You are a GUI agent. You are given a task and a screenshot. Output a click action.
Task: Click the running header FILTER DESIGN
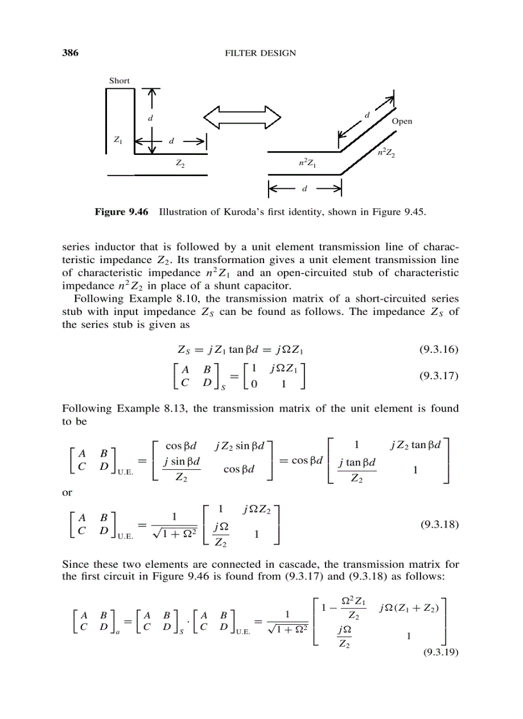point(260,53)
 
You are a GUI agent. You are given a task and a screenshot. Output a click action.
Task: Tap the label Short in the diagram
point(119,81)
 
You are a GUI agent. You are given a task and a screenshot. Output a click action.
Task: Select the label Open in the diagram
point(402,121)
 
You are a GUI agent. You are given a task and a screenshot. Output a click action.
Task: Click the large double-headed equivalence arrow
point(242,118)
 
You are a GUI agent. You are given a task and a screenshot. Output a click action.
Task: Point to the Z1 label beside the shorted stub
point(118,139)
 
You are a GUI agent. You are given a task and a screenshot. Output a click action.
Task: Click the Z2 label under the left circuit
point(180,164)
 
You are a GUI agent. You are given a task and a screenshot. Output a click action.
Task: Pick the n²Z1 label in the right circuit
point(304,164)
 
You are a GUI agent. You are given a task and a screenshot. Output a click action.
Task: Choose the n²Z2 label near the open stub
point(386,153)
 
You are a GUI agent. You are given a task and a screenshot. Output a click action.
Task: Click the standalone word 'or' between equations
point(67,492)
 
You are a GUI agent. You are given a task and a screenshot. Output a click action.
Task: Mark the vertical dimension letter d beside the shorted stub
point(150,118)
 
